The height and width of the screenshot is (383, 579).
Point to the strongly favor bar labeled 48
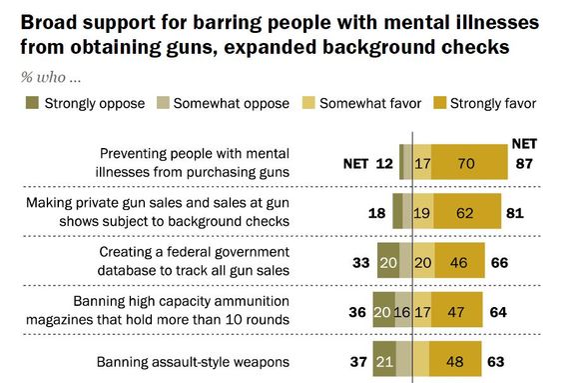coord(459,359)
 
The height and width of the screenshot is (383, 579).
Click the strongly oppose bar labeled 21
coord(384,359)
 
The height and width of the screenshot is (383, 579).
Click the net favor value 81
coord(514,211)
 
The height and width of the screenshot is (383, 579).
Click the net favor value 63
coord(498,359)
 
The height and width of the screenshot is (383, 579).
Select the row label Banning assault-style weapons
coord(193,359)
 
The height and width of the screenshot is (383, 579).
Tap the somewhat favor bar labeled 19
coord(422,211)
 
